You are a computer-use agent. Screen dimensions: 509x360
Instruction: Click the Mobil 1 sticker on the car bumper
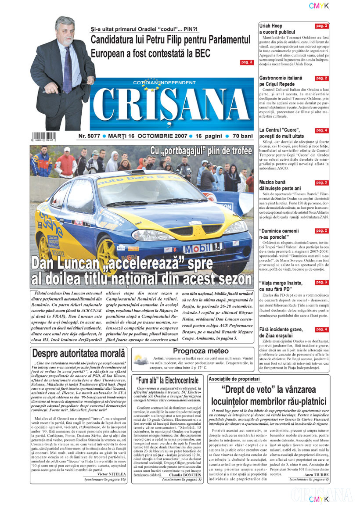coord(209,249)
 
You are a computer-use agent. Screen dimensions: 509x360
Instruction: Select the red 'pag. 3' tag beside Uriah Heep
coord(322,26)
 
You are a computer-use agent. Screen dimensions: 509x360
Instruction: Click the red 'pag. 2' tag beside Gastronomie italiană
coord(322,79)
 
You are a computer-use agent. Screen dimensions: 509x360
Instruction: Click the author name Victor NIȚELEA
coord(106,474)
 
